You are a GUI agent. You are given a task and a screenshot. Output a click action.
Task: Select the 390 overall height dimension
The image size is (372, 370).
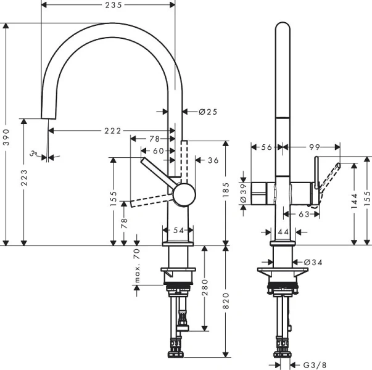[6, 135]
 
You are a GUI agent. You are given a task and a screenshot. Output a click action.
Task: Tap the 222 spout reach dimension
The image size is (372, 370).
[112, 131]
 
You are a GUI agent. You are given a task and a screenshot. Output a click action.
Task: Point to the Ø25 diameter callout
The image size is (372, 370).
[208, 112]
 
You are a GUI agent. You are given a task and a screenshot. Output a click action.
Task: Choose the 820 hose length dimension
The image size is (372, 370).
[226, 300]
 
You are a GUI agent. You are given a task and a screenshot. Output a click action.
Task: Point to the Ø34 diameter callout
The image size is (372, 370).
[312, 263]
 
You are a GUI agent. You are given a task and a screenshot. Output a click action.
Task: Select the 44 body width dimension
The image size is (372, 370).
[283, 231]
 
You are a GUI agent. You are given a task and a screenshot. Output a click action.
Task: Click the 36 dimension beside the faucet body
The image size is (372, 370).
[213, 160]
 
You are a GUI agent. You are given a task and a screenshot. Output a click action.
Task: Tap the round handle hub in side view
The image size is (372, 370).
[183, 195]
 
